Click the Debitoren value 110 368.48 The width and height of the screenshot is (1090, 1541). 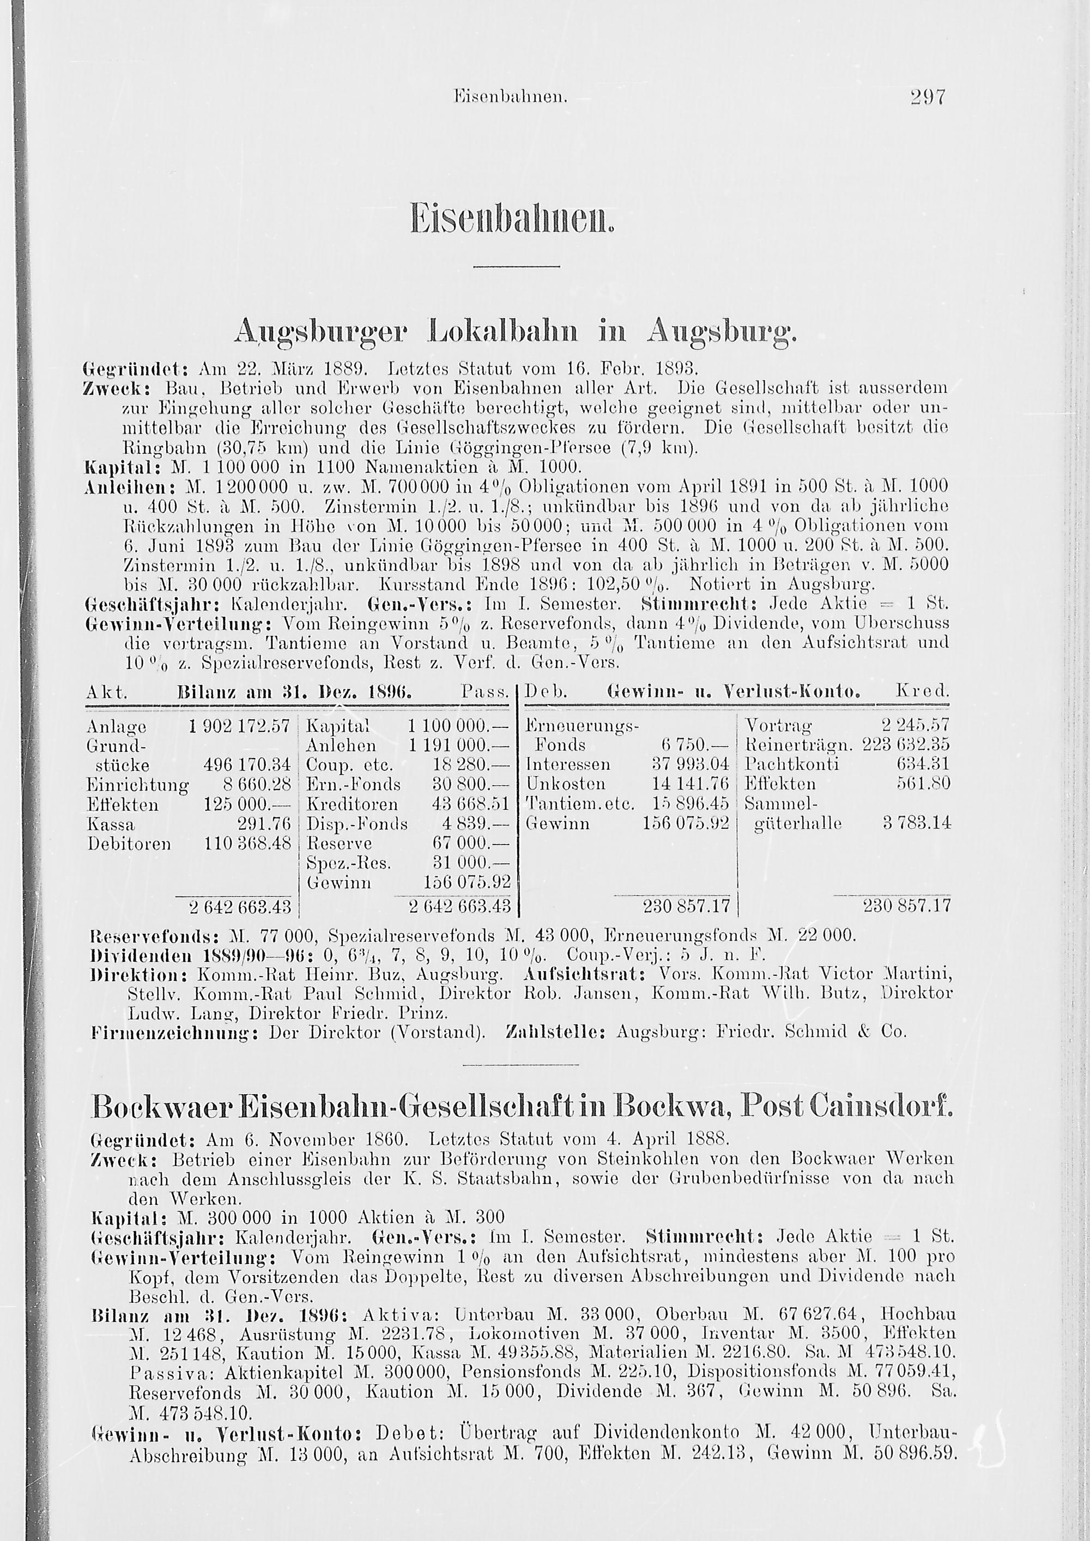tap(249, 843)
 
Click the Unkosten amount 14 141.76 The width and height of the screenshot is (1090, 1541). tap(691, 784)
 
